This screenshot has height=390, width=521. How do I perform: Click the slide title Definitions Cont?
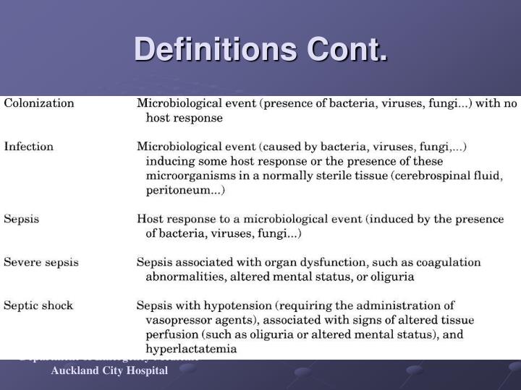pos(260,50)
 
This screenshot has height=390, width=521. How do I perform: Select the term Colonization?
pos(39,103)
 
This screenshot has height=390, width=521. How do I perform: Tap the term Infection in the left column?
pos(29,147)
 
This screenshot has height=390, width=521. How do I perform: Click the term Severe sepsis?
pos(41,262)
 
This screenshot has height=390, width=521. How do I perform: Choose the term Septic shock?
pos(38,305)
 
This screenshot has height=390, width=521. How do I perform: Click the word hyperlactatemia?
pos(191,349)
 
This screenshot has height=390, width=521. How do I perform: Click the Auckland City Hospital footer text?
pos(109,370)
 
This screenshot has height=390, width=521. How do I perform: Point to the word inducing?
pos(169,161)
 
